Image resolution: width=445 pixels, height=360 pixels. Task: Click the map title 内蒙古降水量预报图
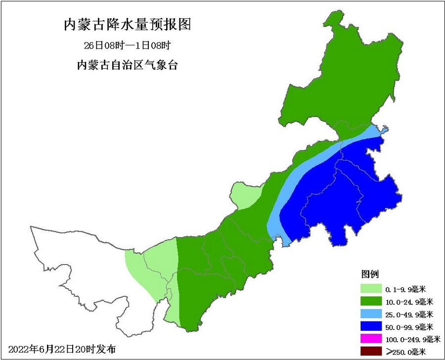pyautogui.click(x=128, y=24)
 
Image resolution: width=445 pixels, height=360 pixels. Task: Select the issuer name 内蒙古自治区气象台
pyautogui.click(x=128, y=65)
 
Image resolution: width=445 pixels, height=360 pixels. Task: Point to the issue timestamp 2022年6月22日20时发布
pyautogui.click(x=62, y=349)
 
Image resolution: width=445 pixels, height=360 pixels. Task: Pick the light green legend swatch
pyautogui.click(x=371, y=288)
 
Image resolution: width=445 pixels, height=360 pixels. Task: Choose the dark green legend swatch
pyautogui.click(x=371, y=301)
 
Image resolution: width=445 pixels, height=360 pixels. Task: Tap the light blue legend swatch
pyautogui.click(x=371, y=314)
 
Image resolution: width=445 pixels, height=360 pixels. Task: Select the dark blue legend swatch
pyautogui.click(x=371, y=326)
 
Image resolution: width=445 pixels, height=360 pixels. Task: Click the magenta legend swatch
pyautogui.click(x=371, y=339)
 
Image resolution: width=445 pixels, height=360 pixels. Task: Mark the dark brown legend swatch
pyautogui.click(x=371, y=352)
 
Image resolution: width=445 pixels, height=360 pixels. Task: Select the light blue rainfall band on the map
pyautogui.click(x=297, y=178)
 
